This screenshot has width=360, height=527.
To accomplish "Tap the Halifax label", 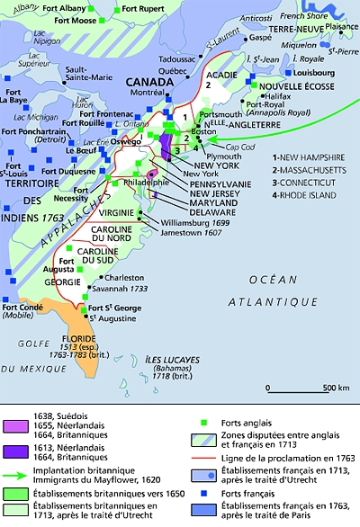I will pyautogui.click(x=274, y=96).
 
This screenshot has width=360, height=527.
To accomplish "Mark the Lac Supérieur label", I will pyautogui.click(x=37, y=64).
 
